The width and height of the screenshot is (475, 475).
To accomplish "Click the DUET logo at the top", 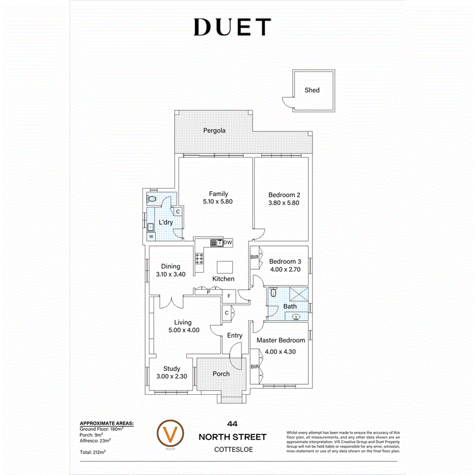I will pos(233,27).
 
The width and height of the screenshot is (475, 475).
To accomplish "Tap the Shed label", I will pos(312,90).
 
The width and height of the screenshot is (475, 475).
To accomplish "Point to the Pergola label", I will pos(215,130).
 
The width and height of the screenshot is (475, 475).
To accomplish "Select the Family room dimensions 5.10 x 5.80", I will pos(218,202).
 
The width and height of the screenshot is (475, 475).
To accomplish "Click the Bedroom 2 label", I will pos(284,194).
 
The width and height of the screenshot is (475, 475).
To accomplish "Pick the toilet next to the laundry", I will pos(152,199).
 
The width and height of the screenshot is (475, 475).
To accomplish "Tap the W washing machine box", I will pos(151,236).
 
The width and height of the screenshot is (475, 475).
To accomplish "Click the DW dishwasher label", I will pos(228,243).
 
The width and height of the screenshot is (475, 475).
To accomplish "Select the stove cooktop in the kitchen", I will pos(201,259).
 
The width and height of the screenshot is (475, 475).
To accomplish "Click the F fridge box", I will pos(229,296).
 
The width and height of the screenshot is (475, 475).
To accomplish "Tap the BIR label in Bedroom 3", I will pos(254,257).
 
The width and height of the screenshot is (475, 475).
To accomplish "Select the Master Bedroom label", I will pos(281,340).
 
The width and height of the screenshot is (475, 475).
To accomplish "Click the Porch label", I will pos(221,374).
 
